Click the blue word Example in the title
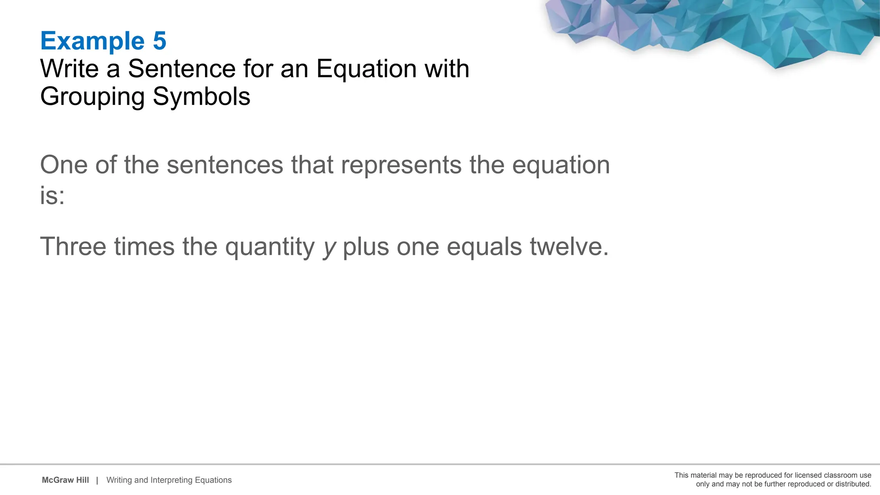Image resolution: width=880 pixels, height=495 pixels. (x=92, y=41)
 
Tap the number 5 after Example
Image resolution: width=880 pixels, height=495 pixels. (x=159, y=41)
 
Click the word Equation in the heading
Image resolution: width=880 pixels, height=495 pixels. (x=367, y=69)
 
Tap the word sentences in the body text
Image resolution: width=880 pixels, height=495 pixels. (x=225, y=165)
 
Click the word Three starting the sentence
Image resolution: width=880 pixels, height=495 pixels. (x=73, y=247)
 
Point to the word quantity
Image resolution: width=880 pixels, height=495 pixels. (x=270, y=247)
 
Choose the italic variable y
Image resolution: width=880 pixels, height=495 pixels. (x=329, y=248)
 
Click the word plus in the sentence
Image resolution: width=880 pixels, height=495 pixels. (x=366, y=247)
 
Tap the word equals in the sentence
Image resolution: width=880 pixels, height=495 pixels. (x=484, y=247)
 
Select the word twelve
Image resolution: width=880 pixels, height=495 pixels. (x=569, y=247)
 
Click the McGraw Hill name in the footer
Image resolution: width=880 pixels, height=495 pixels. (x=65, y=480)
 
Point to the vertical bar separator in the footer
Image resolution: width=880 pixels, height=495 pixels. (x=97, y=480)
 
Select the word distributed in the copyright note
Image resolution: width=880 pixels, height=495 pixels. (x=853, y=484)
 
